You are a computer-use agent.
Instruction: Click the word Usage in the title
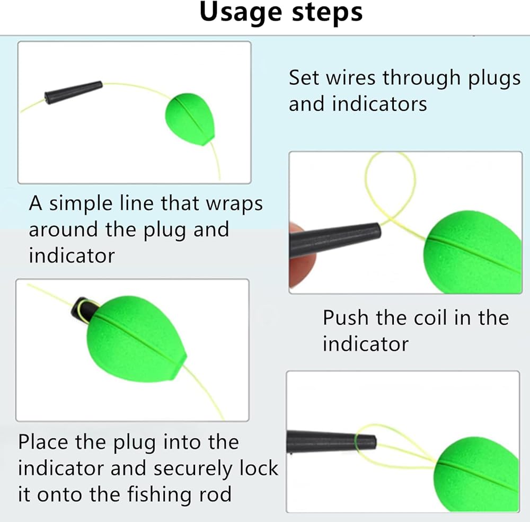pyautogui.click(x=237, y=13)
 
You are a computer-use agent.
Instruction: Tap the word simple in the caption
pyautogui.click(x=84, y=204)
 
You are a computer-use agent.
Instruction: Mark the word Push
pyautogui.click(x=346, y=318)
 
